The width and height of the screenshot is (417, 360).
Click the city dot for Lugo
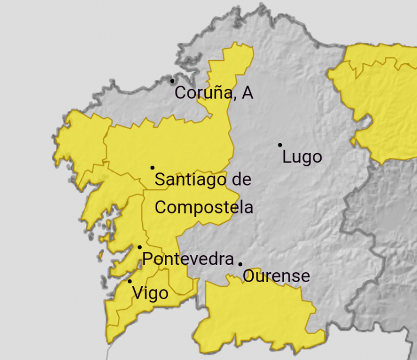point(280,145)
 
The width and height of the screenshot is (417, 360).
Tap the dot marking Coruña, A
point(172,81)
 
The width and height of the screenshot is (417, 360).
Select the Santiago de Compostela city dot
point(152,167)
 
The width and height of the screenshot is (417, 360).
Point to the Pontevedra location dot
point(140,247)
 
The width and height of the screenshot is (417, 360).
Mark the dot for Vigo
point(130,281)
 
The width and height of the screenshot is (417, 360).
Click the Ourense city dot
point(240,264)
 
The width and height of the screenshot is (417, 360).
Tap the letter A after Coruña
point(247,93)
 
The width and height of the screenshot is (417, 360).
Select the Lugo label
point(302,157)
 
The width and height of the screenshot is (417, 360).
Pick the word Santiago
point(185,179)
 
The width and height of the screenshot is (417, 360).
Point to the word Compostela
point(204,208)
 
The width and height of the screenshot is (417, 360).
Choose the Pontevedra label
point(188,259)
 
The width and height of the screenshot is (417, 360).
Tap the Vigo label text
point(151,293)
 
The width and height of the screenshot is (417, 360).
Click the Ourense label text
point(276,276)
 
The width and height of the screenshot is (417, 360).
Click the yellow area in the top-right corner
point(381,99)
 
